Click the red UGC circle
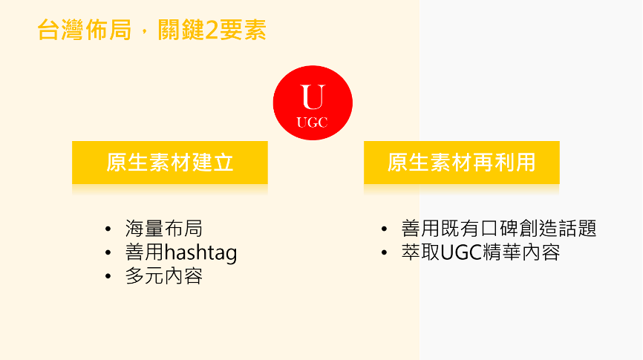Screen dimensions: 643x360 click(x=313, y=103)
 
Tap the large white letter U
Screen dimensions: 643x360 click(x=313, y=97)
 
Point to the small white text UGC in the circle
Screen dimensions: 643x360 click(x=312, y=122)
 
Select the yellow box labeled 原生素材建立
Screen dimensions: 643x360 click(x=170, y=163)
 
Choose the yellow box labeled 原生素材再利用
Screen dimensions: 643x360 click(x=462, y=163)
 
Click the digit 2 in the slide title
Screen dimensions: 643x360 click(x=211, y=30)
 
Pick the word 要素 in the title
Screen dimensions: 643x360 click(x=243, y=30)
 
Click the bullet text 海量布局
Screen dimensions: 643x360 click(x=164, y=229)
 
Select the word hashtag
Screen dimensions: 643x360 click(x=200, y=252)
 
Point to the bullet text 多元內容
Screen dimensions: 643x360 click(x=164, y=276)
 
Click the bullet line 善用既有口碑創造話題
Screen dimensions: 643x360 click(x=499, y=229)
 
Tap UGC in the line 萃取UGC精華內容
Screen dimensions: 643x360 click(x=461, y=252)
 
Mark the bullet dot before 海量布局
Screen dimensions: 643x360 click(x=108, y=229)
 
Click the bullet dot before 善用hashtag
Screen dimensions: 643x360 click(x=108, y=252)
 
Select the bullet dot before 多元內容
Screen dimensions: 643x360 click(x=108, y=276)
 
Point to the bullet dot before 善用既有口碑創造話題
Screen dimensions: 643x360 click(x=385, y=229)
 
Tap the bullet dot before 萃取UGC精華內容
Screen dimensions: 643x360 click(x=385, y=252)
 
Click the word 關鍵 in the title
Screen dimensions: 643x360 click(x=181, y=30)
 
